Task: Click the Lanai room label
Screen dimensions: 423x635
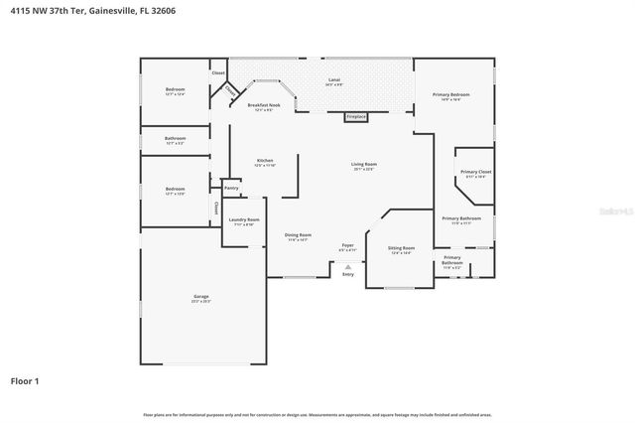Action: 334,80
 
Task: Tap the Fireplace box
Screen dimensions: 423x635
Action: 356,117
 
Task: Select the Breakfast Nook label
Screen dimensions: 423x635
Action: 263,105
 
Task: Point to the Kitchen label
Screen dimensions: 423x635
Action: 265,162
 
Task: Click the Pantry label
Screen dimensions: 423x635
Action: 231,188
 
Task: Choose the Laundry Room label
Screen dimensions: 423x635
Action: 244,220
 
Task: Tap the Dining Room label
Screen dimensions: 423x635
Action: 298,236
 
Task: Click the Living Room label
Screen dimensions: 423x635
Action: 363,166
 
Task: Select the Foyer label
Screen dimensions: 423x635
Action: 347,245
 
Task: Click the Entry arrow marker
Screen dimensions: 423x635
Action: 347,266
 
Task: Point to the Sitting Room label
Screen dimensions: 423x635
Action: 402,249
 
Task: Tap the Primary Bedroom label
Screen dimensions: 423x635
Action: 450,95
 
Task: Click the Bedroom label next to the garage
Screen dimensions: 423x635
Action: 175,190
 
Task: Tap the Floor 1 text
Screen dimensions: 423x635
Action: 25,380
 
